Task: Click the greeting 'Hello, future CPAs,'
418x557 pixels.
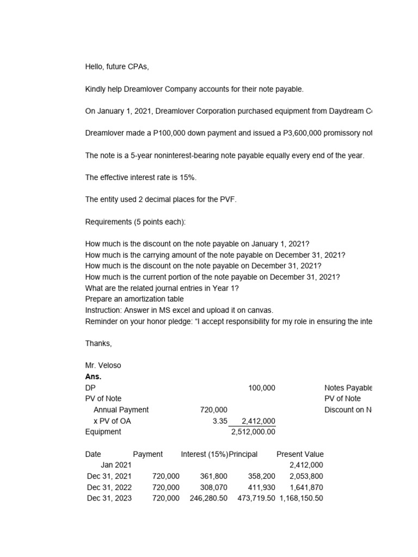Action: [x=117, y=67]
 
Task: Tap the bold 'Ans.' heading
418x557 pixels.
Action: [x=94, y=376]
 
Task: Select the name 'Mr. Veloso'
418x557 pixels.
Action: [x=103, y=366]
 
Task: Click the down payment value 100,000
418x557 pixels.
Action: [x=261, y=388]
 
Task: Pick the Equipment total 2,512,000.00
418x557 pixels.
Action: [x=253, y=432]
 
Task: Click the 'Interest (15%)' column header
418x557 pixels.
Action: [x=205, y=454]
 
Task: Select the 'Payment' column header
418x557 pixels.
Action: [x=147, y=454]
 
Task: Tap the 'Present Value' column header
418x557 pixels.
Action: [x=300, y=454]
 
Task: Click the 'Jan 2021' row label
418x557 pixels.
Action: [x=116, y=465]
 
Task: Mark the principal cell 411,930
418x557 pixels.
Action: [x=258, y=487]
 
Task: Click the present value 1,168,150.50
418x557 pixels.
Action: [x=301, y=498]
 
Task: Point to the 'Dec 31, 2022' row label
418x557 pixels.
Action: [x=109, y=487]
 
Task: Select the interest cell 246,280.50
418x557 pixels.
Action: [x=208, y=498]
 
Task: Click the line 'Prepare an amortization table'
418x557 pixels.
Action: [x=134, y=299]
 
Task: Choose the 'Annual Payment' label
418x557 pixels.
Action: [x=121, y=410]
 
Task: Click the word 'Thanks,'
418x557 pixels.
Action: [x=99, y=343]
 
